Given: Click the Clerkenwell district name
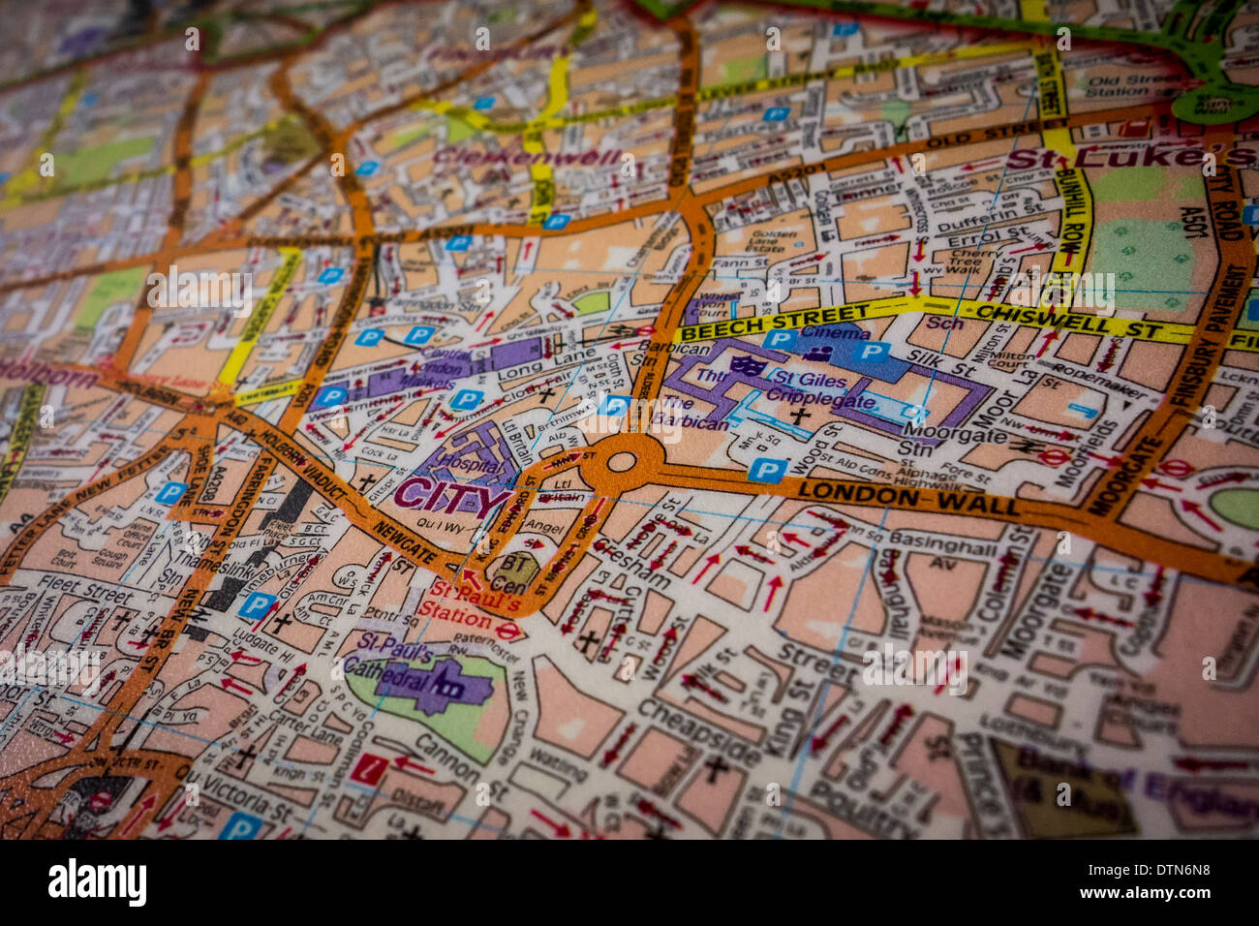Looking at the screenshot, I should [x=528, y=157].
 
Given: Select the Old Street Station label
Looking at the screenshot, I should [x=1129, y=85].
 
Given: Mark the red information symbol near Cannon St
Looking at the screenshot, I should [x=368, y=770].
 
